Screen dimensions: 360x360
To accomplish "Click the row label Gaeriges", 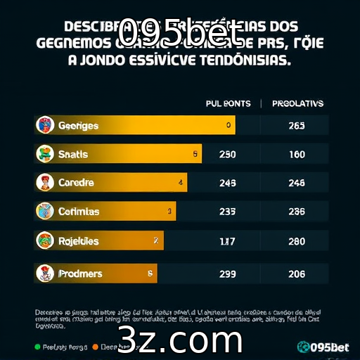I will tap(78, 126).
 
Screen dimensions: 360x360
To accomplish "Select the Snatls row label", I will tap(73, 154).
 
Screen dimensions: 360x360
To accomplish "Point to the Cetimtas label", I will tap(79, 212).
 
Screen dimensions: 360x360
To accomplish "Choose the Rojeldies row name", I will tap(79, 241).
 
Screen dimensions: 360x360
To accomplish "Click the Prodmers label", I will tap(80, 274).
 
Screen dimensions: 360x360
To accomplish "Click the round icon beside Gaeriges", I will tap(45, 125).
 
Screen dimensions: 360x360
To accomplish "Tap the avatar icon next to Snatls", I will tap(45, 154).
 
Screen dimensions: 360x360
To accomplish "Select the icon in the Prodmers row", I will tap(45, 273).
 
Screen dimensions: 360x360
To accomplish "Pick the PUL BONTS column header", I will tap(228, 103).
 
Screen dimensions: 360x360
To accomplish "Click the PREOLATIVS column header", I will tap(297, 103).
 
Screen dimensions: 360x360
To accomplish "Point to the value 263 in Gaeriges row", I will tap(297, 126).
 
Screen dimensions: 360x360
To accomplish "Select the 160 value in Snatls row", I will tap(297, 155).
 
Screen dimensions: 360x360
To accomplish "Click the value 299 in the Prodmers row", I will tap(228, 274).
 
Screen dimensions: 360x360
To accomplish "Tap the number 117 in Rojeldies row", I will tap(227, 241).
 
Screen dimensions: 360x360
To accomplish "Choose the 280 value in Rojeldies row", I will tap(297, 241).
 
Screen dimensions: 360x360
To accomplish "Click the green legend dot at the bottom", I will tap(37, 347).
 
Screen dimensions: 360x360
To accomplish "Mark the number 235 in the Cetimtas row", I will tap(228, 212).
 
